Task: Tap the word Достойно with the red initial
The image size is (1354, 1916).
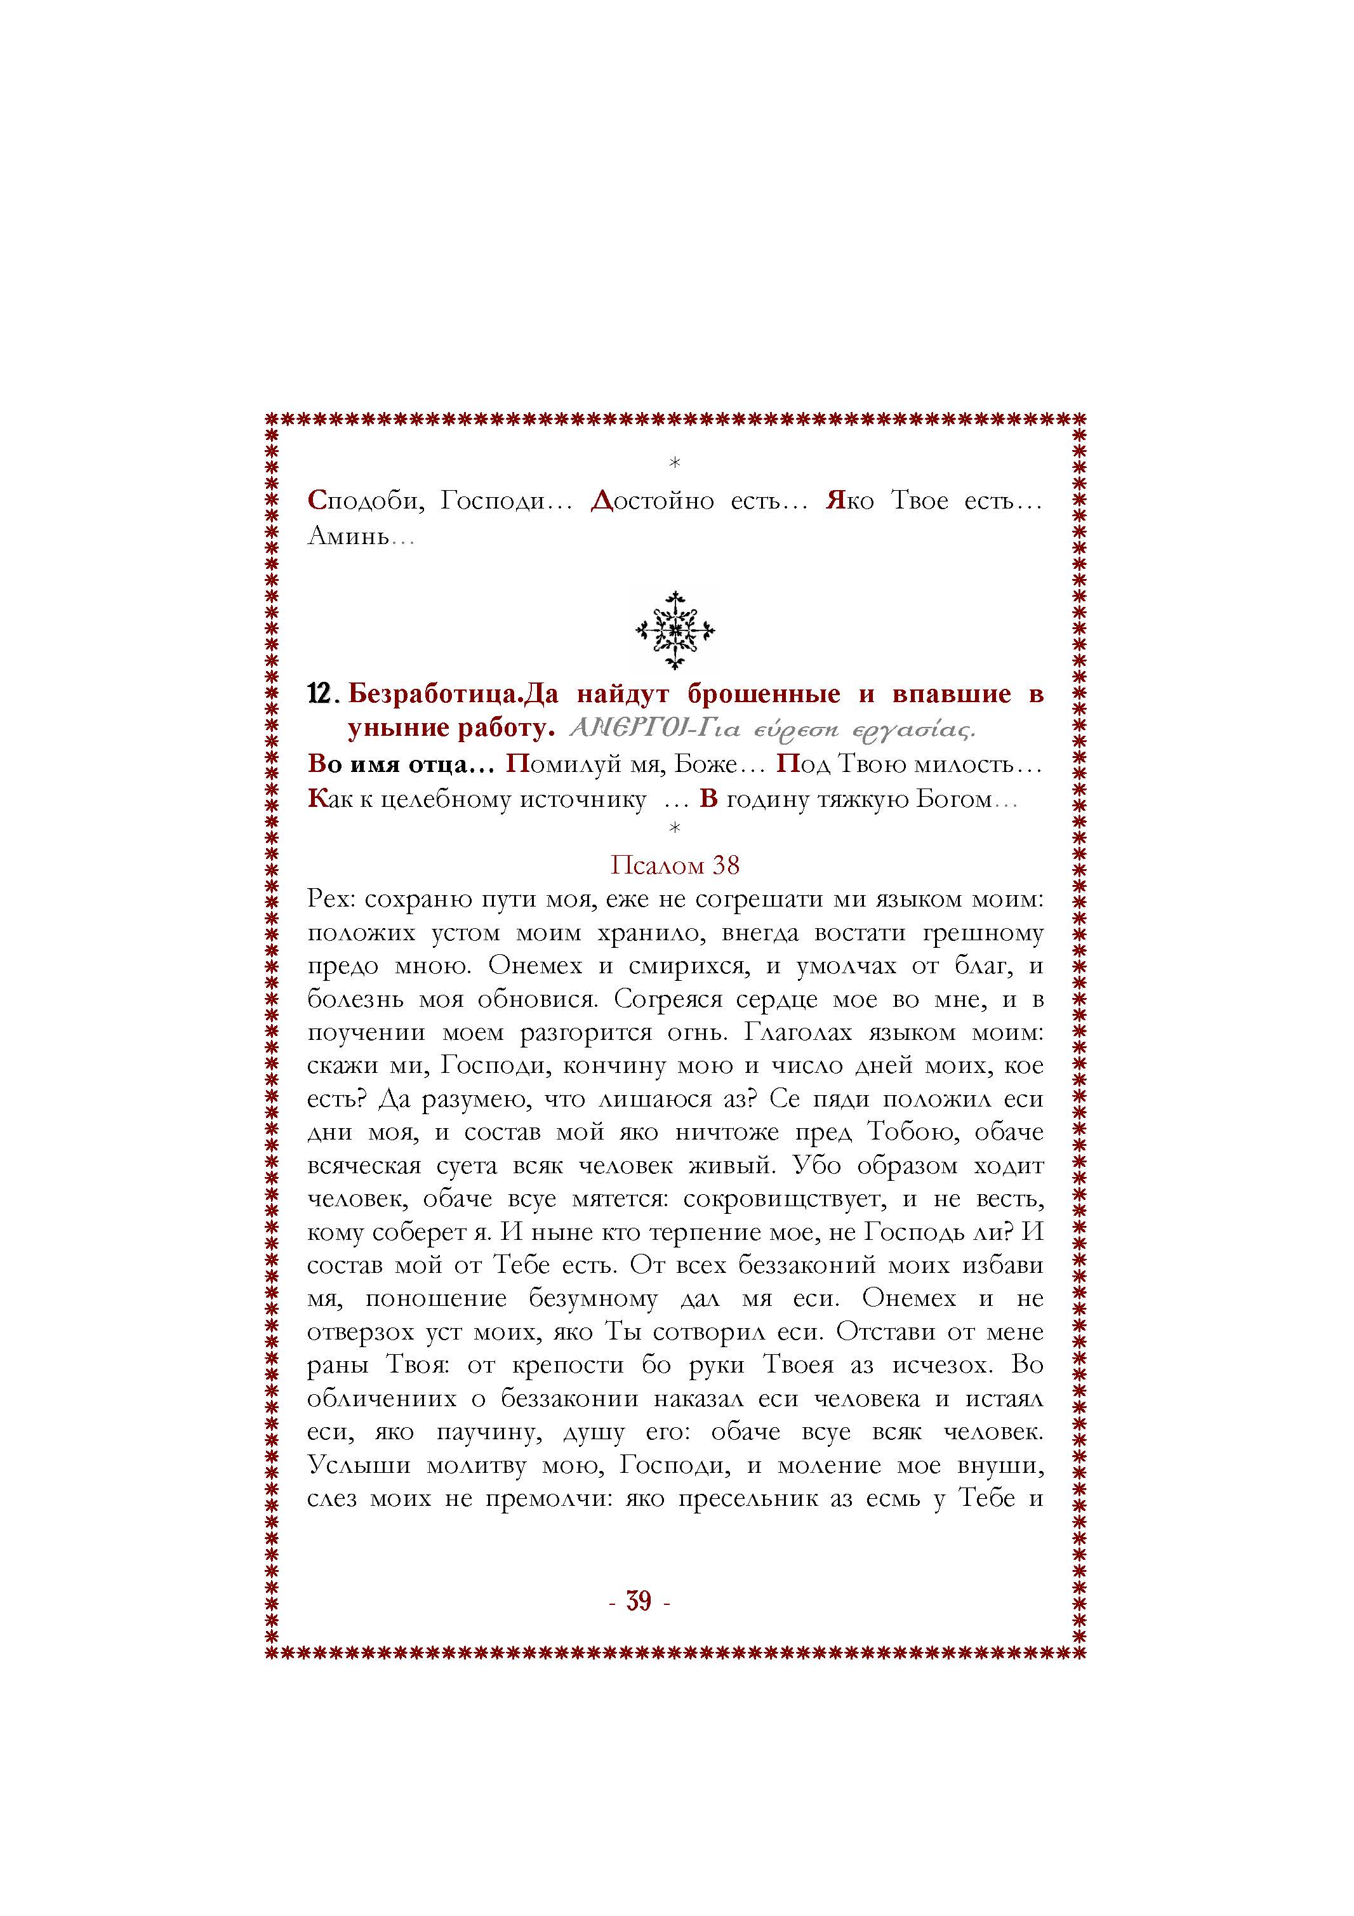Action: coord(651,501)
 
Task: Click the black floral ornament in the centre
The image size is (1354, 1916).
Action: coord(675,630)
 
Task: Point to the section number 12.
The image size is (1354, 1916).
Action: coord(321,695)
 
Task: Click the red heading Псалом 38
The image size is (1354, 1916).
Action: coord(675,865)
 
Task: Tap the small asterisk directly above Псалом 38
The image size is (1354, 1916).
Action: coord(675,828)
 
